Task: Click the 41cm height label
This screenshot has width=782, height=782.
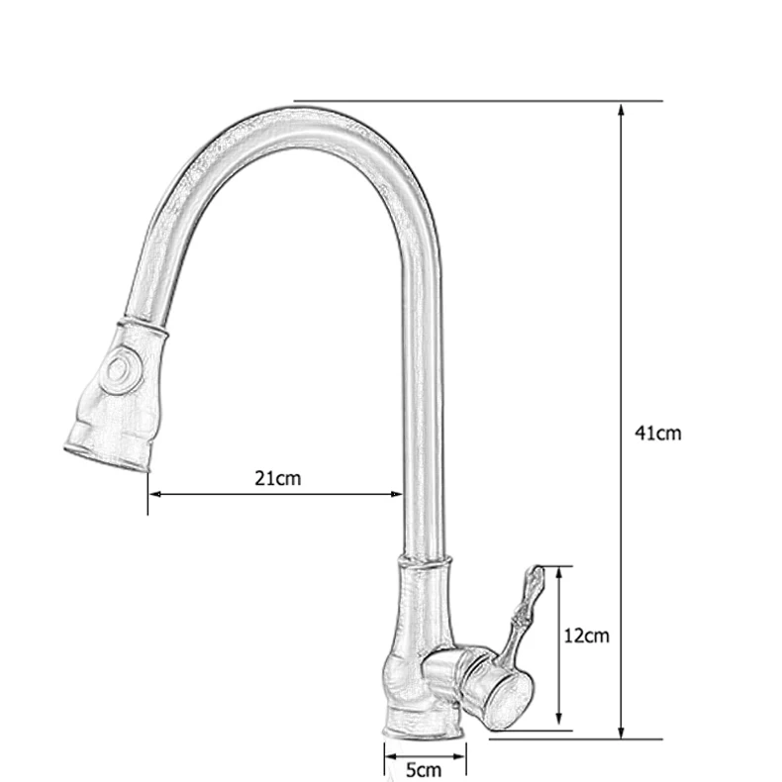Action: (x=658, y=433)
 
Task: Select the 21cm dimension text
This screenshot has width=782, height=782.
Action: (x=278, y=478)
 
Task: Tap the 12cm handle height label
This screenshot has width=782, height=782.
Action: (x=586, y=635)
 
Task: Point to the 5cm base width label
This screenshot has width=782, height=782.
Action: (x=424, y=769)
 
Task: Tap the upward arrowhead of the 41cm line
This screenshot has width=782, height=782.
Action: (x=621, y=110)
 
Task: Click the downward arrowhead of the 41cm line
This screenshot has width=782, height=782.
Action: (x=621, y=732)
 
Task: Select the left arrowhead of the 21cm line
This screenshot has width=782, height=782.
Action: (x=155, y=494)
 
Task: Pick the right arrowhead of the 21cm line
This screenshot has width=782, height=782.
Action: (x=396, y=494)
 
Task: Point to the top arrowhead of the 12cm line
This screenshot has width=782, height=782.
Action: (x=559, y=573)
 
